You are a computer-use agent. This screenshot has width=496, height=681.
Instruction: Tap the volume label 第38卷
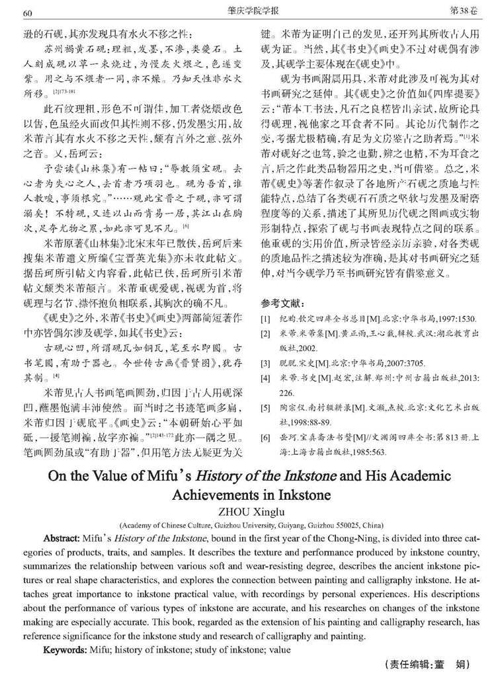pyautogui.click(x=464, y=12)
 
